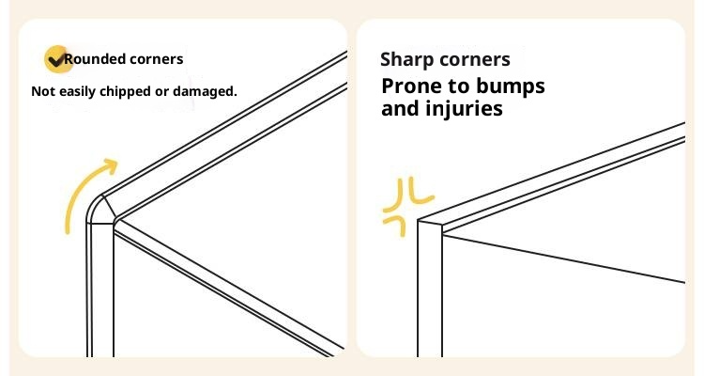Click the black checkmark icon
pos(55,60)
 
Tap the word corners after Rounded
pos(156,59)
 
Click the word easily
pos(78,92)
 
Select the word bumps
pos(511,86)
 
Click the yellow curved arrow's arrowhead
pos(111,165)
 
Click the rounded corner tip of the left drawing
pos(92,206)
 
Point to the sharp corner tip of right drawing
pos(419,220)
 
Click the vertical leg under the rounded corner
pos(100,290)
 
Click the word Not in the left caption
pos(43,91)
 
